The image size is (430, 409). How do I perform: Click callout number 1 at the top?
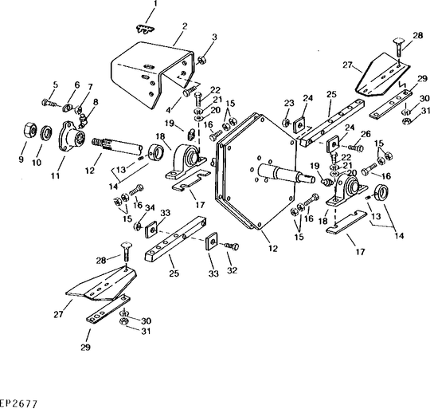[155, 5]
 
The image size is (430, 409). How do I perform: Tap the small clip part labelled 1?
[145, 29]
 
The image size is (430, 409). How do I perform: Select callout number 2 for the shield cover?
[185, 26]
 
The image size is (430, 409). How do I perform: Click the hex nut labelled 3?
[202, 60]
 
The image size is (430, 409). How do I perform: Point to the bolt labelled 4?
[190, 91]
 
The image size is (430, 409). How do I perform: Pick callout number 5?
[56, 85]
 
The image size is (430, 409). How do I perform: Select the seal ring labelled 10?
[46, 134]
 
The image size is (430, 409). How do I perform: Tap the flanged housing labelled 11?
[72, 136]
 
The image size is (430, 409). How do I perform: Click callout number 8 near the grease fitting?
[96, 102]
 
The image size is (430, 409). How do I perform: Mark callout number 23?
[289, 104]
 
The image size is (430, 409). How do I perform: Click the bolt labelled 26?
[355, 148]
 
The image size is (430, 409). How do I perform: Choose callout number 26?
[365, 134]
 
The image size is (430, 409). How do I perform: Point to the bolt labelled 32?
[232, 246]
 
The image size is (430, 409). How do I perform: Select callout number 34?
[150, 208]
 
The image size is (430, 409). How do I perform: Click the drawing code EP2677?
[18, 403]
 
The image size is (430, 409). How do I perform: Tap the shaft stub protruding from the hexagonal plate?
[285, 173]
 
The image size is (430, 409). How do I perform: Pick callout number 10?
[37, 163]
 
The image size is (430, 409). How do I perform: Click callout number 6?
[77, 85]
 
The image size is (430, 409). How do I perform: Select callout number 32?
[232, 270]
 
